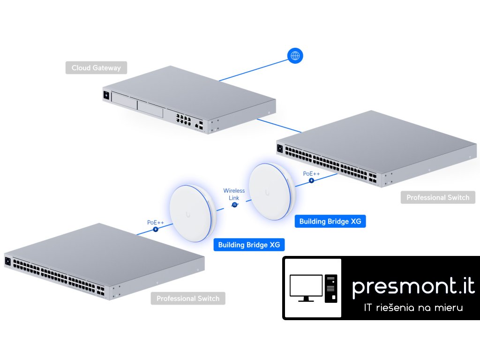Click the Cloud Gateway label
[x=96, y=68]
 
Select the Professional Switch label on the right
[x=438, y=197]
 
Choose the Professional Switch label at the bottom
[x=188, y=299]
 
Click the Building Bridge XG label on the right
[x=330, y=221]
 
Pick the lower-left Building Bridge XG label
[x=249, y=245]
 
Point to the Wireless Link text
[x=234, y=194]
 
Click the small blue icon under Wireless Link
[x=234, y=205]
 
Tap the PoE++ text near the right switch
[x=311, y=173]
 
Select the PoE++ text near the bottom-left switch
[x=155, y=222]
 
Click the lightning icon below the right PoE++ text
[x=311, y=181]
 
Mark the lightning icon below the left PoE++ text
[x=156, y=230]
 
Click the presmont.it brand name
[x=413, y=286]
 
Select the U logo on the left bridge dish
[x=188, y=215]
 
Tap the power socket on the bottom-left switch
[x=7, y=261]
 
